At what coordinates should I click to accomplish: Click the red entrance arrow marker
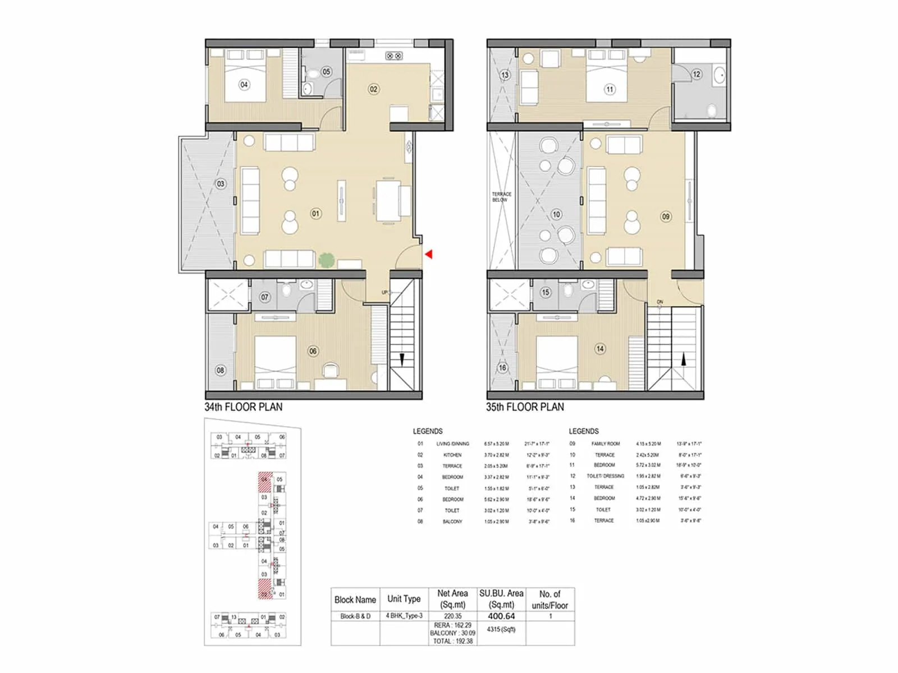[429, 255]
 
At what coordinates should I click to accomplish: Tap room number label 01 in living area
[316, 213]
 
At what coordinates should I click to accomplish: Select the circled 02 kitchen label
[373, 89]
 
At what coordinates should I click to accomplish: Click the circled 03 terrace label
[221, 184]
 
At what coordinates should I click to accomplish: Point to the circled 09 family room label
[666, 216]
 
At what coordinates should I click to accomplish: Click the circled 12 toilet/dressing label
[697, 74]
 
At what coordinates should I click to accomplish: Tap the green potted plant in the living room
[326, 260]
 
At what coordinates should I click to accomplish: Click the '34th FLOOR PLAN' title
[244, 407]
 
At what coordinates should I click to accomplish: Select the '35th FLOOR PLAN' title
[525, 407]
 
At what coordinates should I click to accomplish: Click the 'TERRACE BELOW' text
[501, 197]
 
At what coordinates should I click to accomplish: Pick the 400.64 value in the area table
[501, 616]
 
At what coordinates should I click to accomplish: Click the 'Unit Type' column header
[404, 599]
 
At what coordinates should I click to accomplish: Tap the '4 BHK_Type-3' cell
[404, 616]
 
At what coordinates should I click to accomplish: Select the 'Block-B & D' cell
[355, 616]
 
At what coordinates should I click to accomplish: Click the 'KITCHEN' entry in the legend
[452, 455]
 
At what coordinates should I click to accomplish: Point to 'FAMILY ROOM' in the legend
[605, 444]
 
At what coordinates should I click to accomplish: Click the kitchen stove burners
[393, 56]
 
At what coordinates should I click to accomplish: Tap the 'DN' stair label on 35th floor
[660, 302]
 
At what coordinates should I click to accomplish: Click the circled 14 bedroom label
[600, 349]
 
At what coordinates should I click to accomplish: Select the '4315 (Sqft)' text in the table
[501, 629]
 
